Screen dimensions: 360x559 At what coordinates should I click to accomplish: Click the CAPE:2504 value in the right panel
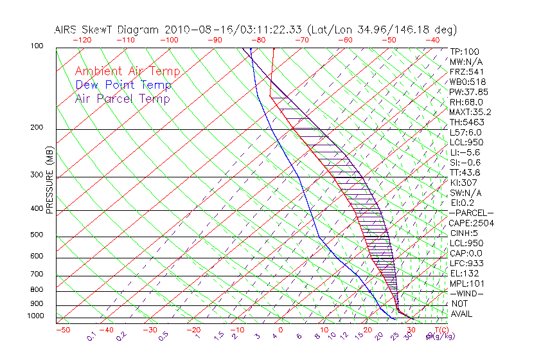click(x=471, y=223)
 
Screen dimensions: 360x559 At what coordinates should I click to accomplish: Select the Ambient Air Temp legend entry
click(x=127, y=71)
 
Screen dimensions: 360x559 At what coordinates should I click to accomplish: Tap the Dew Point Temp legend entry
click(x=123, y=85)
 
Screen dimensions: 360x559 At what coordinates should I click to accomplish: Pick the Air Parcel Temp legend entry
click(x=122, y=98)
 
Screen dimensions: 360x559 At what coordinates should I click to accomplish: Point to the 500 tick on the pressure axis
click(x=36, y=235)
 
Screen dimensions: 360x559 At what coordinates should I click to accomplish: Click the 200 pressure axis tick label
click(x=36, y=128)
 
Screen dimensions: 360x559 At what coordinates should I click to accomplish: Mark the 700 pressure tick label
click(x=36, y=275)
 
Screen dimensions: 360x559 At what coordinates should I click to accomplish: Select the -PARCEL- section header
click(x=471, y=213)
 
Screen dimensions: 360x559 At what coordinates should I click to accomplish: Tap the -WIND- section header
click(x=467, y=293)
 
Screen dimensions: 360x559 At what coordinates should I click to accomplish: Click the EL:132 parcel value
click(x=462, y=273)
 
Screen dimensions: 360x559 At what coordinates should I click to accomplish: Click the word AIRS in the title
click(x=66, y=30)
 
